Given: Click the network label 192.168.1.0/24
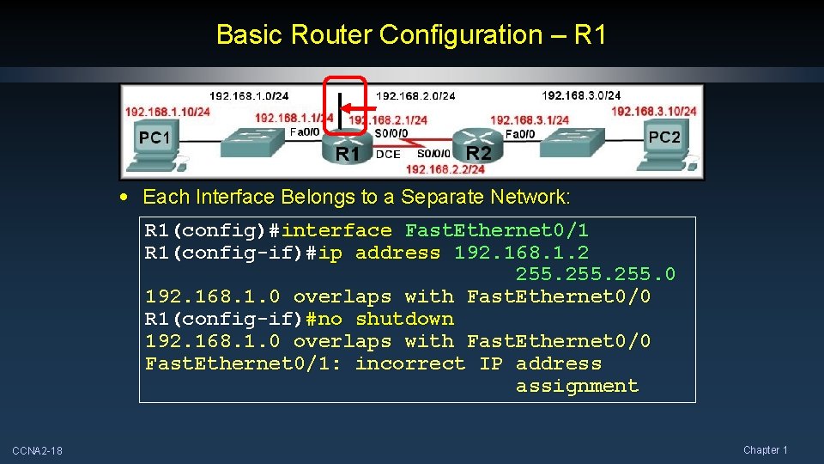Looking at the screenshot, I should [x=249, y=95].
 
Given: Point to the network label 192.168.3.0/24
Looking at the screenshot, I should [x=581, y=95].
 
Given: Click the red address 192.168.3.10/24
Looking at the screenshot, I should [x=653, y=111].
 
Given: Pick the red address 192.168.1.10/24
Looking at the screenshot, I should [x=167, y=111].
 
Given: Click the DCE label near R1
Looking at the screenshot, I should [x=388, y=155].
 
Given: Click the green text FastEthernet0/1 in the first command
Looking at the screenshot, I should [x=497, y=230].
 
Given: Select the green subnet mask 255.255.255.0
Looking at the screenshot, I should [x=595, y=274].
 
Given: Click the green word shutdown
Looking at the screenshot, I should [x=404, y=319].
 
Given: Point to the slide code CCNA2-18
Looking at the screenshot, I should [x=37, y=451].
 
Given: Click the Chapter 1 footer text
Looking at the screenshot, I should [x=765, y=450].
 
